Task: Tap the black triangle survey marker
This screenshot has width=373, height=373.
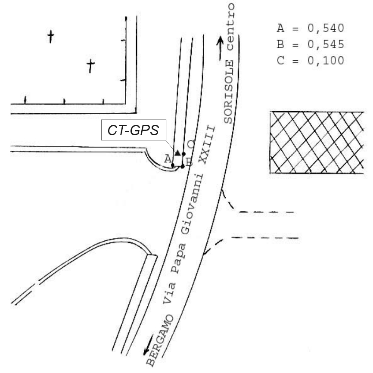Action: [177, 152]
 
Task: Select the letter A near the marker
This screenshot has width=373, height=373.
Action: [168, 159]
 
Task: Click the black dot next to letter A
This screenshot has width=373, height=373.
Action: [173, 165]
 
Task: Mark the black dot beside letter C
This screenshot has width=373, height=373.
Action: [184, 154]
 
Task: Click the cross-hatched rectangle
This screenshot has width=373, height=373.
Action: [317, 143]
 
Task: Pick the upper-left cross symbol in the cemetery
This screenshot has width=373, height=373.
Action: [51, 36]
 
